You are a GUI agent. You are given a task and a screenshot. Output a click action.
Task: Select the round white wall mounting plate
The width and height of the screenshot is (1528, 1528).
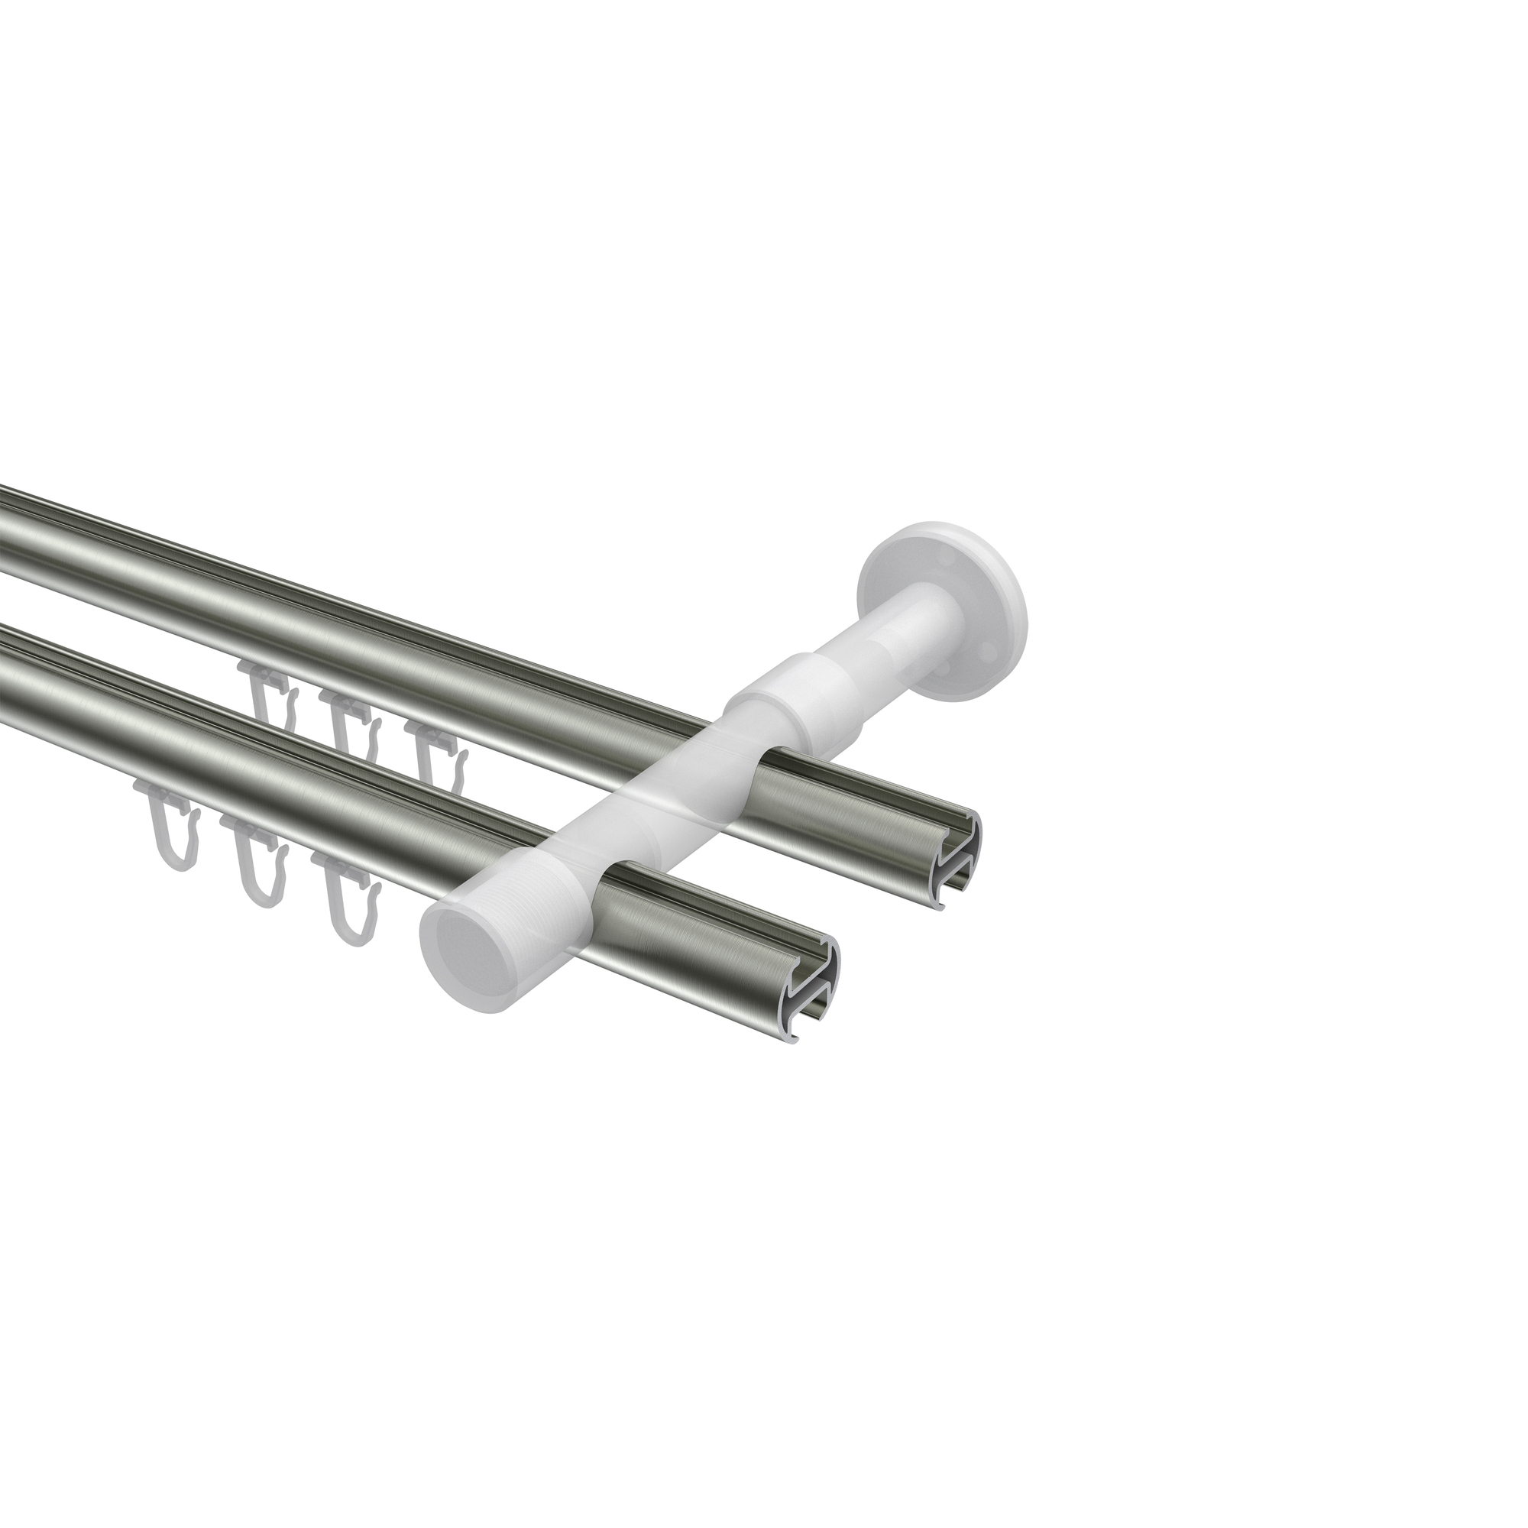941,601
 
